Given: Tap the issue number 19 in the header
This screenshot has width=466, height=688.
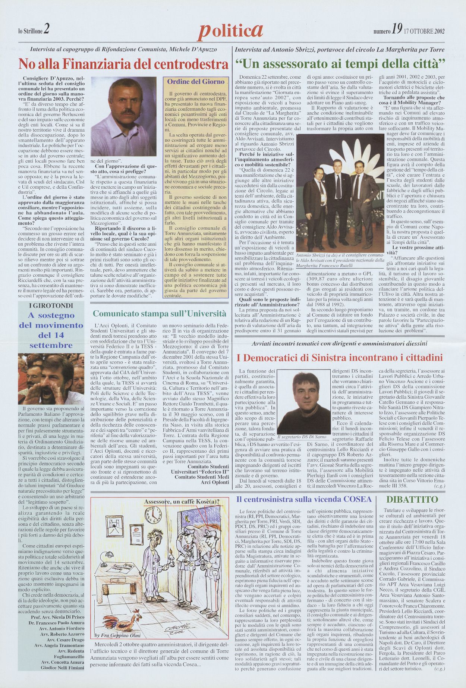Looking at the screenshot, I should point(396,31).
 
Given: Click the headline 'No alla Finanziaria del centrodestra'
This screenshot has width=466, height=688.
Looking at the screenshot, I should point(123,65).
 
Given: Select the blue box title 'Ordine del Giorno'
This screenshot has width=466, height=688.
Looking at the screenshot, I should point(196,82).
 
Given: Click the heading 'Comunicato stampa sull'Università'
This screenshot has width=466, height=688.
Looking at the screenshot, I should point(159,313).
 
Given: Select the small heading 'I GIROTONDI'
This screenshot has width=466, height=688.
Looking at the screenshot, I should point(51,305).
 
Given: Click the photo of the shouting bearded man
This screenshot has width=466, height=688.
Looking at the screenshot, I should point(51,378).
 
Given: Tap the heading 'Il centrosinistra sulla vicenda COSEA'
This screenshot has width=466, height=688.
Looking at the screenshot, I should point(304,499).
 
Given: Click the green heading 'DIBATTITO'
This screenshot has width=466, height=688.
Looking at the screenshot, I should point(412,500).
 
